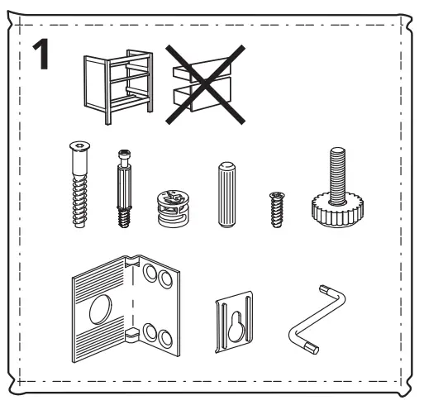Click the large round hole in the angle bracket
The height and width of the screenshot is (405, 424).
[x=101, y=311]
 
